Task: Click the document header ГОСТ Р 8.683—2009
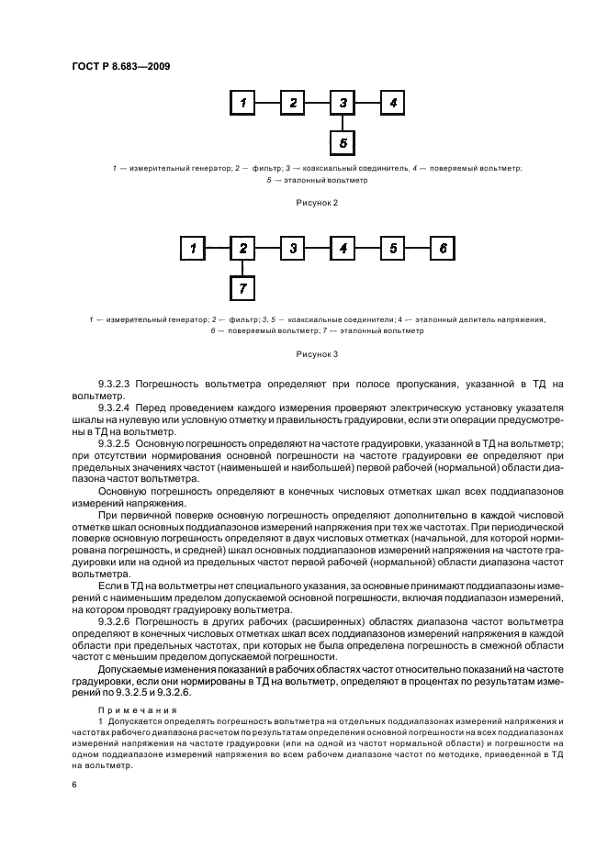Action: pos(119,66)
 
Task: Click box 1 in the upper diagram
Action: pos(242,103)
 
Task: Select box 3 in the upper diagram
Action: pos(343,103)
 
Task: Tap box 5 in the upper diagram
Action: pos(343,143)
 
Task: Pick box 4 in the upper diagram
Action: pos(392,103)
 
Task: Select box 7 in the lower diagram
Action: pos(242,289)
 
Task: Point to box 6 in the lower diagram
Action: pos(443,248)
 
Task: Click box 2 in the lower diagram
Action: pos(242,248)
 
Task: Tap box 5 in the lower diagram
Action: pos(392,248)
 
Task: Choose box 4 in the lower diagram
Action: pos(343,248)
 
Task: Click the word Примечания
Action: pos(127,709)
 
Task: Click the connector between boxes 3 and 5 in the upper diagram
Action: pos(343,123)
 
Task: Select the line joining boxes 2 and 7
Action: pos(242,268)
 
